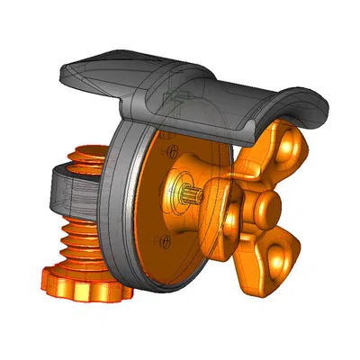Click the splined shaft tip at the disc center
pyautogui.click(x=188, y=192)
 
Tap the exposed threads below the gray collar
pyautogui.click(x=81, y=238)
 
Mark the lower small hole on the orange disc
pyautogui.click(x=164, y=238)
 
